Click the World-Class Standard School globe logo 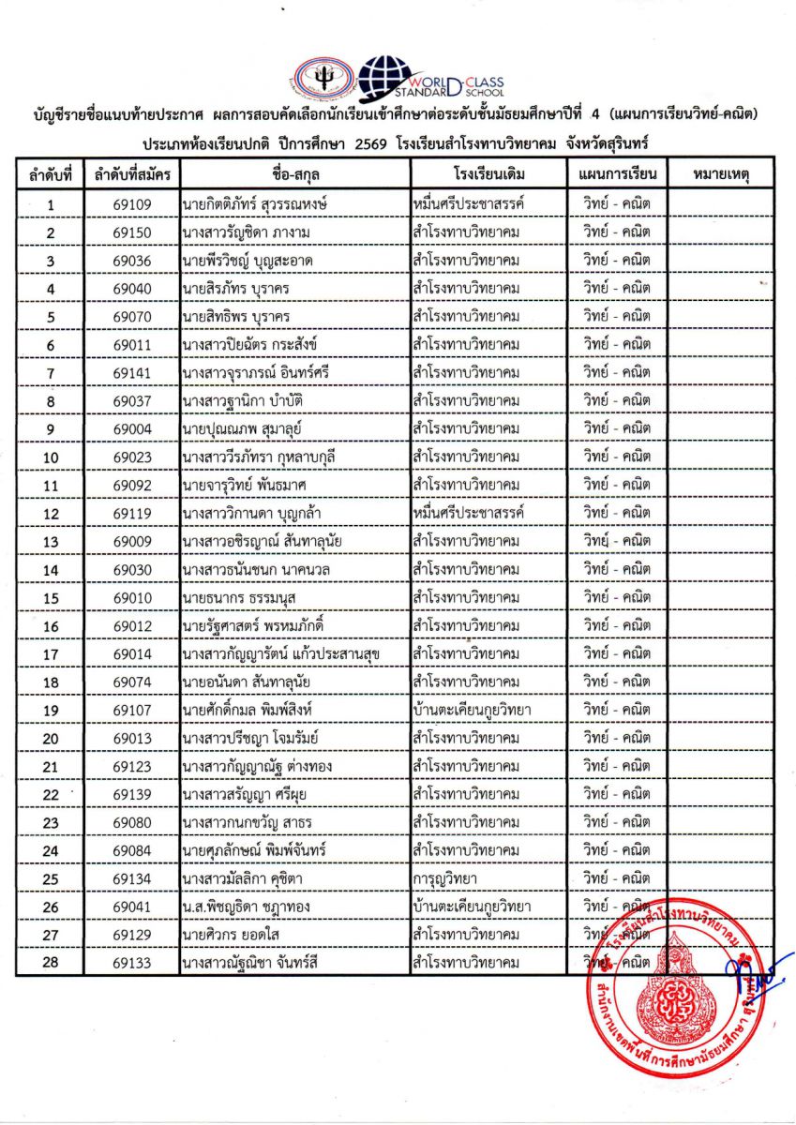point(386,79)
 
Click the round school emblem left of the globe point(323,81)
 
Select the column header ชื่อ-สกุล point(294,174)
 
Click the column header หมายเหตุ point(720,174)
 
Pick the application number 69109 point(132,203)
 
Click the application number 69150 point(132,232)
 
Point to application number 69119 point(132,513)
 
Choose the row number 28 point(51,963)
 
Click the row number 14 point(51,569)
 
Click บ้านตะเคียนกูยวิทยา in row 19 point(472,710)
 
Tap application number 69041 point(132,907)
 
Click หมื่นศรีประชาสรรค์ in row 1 point(467,203)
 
